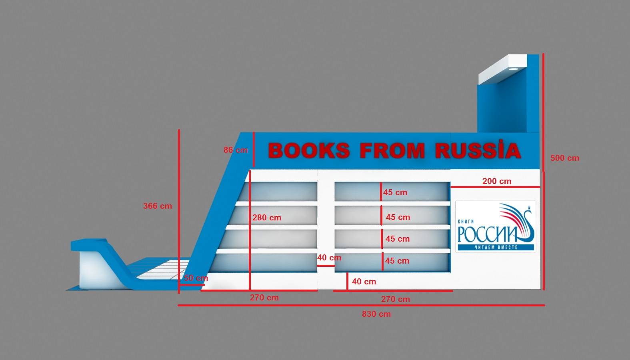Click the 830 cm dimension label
pos(376,314)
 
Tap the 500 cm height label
pos(564,158)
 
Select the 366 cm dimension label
pos(158,206)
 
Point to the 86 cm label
pos(236,150)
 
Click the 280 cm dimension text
pos(267,218)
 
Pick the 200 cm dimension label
pos(496,181)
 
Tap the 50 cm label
pos(196,278)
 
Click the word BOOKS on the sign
pos(308,151)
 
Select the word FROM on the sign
pos(392,151)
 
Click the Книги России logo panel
pos(495,226)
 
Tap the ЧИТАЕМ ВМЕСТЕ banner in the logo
pos(496,247)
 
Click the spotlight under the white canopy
pos(513,69)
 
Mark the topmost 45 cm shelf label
pos(395,192)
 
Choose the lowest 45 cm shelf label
pos(397,261)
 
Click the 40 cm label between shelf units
pos(329,258)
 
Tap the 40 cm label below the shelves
pos(364,282)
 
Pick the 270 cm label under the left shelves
pos(264,298)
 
